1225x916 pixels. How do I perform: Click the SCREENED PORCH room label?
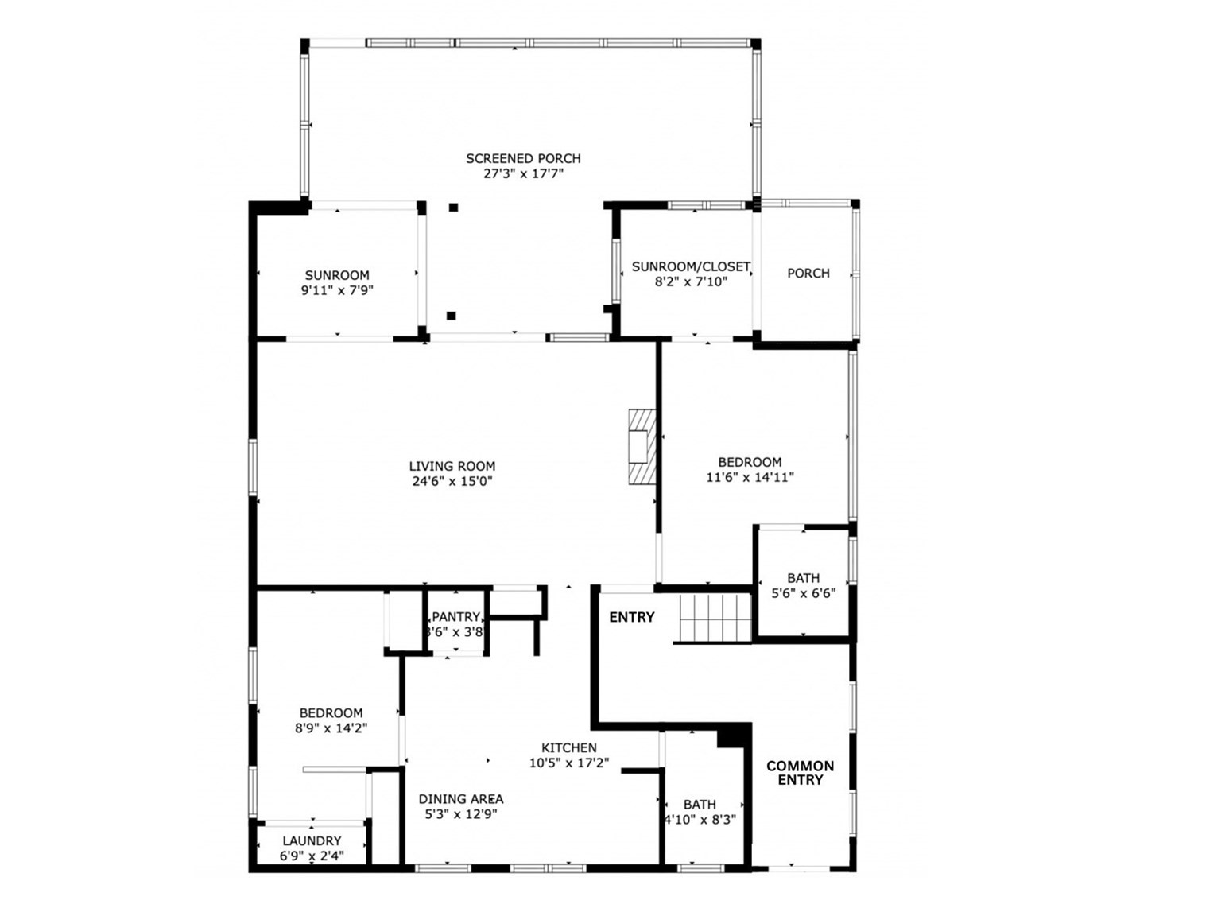click(x=523, y=158)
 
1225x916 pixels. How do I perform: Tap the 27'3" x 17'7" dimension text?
click(x=523, y=174)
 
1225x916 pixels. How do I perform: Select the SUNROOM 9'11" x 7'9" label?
click(x=337, y=283)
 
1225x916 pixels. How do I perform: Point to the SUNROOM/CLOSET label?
click(x=690, y=267)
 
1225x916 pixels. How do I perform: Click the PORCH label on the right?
click(x=808, y=273)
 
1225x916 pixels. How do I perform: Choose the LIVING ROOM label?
click(x=452, y=466)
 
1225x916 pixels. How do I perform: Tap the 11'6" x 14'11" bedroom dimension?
click(x=750, y=477)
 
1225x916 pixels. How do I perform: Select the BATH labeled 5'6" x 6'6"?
click(x=803, y=585)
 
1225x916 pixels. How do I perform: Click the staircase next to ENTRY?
click(x=715, y=618)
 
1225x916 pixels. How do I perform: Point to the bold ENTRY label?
click(x=632, y=617)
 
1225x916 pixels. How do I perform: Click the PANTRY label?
click(x=455, y=617)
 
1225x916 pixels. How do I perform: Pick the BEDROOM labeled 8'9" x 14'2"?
click(x=331, y=720)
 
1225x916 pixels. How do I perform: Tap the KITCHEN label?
click(x=569, y=747)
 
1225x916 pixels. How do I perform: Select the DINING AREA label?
click(x=461, y=799)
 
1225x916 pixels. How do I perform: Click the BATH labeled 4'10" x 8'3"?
click(x=700, y=811)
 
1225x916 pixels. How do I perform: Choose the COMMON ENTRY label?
click(x=800, y=773)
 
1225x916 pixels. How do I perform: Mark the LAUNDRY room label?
click(x=312, y=840)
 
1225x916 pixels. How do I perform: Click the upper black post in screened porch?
click(x=453, y=208)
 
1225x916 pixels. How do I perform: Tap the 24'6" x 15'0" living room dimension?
click(x=452, y=481)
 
